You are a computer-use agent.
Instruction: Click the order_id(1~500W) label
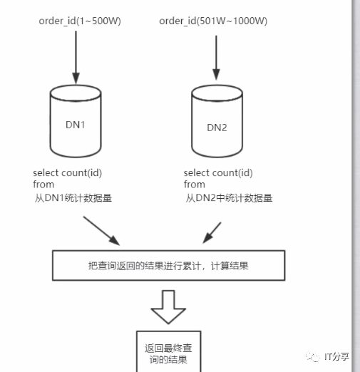coord(80,21)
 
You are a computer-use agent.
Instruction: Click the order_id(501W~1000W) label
coord(213,21)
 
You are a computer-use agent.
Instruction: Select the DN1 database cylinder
coord(76,121)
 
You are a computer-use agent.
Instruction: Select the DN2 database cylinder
coord(217,121)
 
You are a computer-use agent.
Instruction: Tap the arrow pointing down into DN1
coord(76,57)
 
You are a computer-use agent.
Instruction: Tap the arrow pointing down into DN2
coord(216,58)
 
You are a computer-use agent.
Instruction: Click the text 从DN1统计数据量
coord(73,198)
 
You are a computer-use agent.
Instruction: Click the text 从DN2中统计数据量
coord(229,198)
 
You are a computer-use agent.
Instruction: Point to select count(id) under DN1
coord(68,173)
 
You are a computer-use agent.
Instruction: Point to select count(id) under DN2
coord(218,173)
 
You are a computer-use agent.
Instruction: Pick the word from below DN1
coord(43,185)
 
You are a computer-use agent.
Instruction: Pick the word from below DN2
coord(194,185)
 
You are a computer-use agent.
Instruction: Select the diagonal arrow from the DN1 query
coord(101,231)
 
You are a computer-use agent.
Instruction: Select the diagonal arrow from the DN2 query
coord(212,233)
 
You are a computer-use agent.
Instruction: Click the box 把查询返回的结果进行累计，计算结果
coord(168,265)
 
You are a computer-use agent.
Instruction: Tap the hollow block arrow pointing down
coord(168,307)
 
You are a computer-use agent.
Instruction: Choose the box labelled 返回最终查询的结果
coord(168,351)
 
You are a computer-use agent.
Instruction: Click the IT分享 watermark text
coord(336,356)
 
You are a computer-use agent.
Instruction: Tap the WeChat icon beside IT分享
coord(313,356)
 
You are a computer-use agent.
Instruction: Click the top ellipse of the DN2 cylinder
coord(217,93)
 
